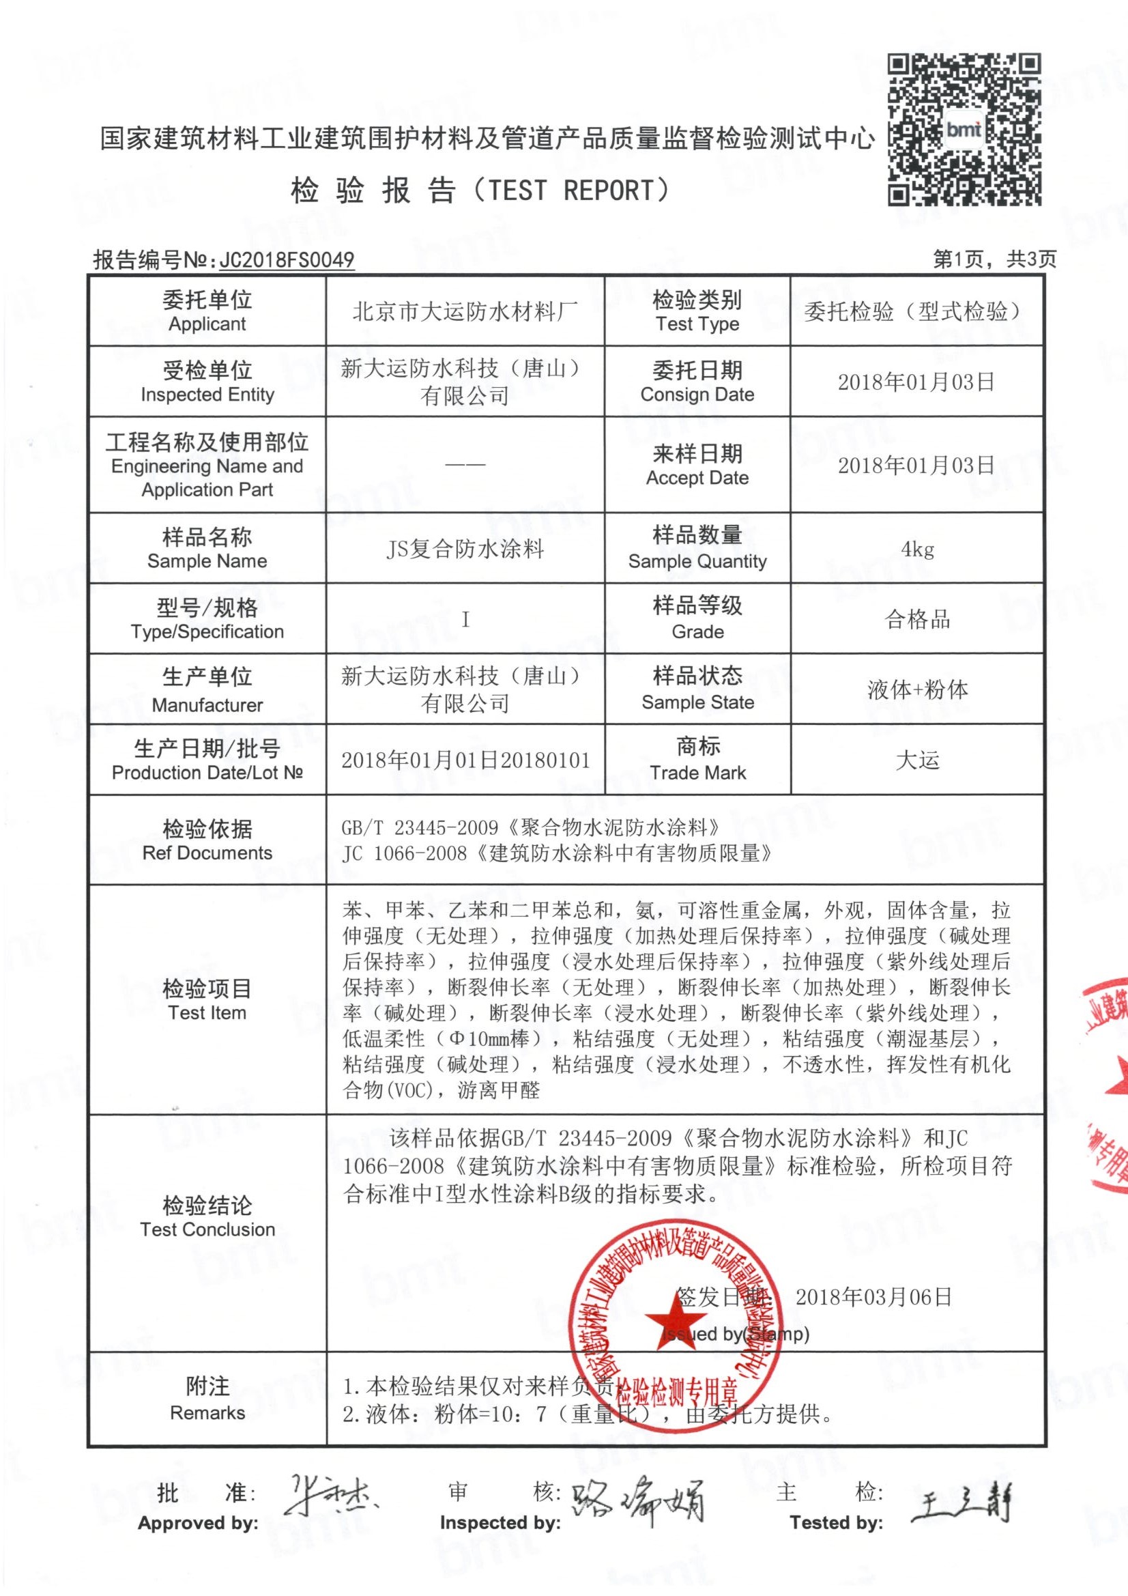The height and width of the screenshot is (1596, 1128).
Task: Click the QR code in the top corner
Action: [964, 130]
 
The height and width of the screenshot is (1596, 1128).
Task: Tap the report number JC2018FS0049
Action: [287, 260]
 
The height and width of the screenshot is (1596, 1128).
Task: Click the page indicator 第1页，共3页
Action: [994, 259]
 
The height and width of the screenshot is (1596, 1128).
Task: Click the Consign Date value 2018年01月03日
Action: [916, 382]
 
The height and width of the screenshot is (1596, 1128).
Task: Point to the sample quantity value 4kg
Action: [917, 549]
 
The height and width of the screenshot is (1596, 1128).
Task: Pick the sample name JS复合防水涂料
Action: [465, 549]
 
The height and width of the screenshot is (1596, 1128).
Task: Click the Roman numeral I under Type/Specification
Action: [465, 619]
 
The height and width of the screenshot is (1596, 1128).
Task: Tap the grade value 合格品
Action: [917, 619]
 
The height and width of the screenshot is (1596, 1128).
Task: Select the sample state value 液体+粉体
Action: [917, 689]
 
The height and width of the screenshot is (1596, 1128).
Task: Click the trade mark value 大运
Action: [917, 760]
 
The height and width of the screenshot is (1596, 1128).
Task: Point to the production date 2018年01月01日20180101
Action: [465, 760]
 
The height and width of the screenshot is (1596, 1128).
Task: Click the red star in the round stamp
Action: [672, 1319]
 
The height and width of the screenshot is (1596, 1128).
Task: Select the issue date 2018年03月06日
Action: [873, 1297]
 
